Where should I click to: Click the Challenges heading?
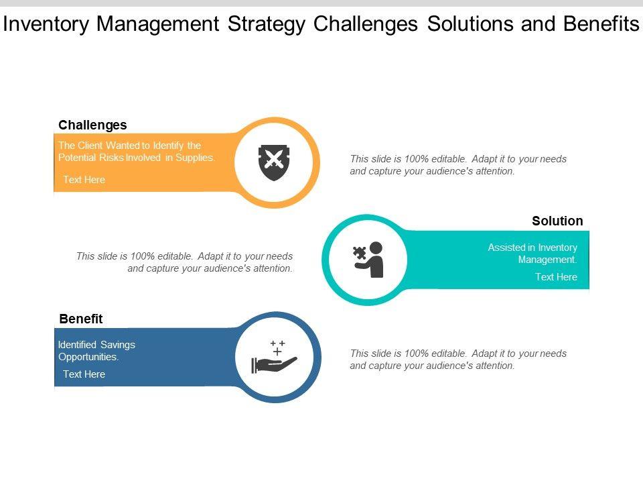(92, 125)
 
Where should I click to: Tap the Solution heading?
(557, 221)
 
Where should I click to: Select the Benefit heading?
(81, 319)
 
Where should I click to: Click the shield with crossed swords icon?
(274, 162)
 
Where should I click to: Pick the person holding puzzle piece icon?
(368, 260)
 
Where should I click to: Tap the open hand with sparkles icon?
(274, 357)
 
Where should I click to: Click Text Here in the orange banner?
(84, 180)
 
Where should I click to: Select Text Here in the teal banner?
(556, 277)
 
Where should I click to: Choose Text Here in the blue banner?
(84, 374)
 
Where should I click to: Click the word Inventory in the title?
(46, 24)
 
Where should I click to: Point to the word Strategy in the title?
(267, 24)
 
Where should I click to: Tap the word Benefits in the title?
(601, 23)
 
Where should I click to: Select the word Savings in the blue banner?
(118, 345)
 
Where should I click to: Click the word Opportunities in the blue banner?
(88, 357)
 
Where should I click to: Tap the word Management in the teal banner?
(547, 260)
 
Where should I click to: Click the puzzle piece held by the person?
(360, 253)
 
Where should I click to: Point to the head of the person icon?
(376, 248)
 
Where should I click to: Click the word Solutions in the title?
(470, 23)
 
